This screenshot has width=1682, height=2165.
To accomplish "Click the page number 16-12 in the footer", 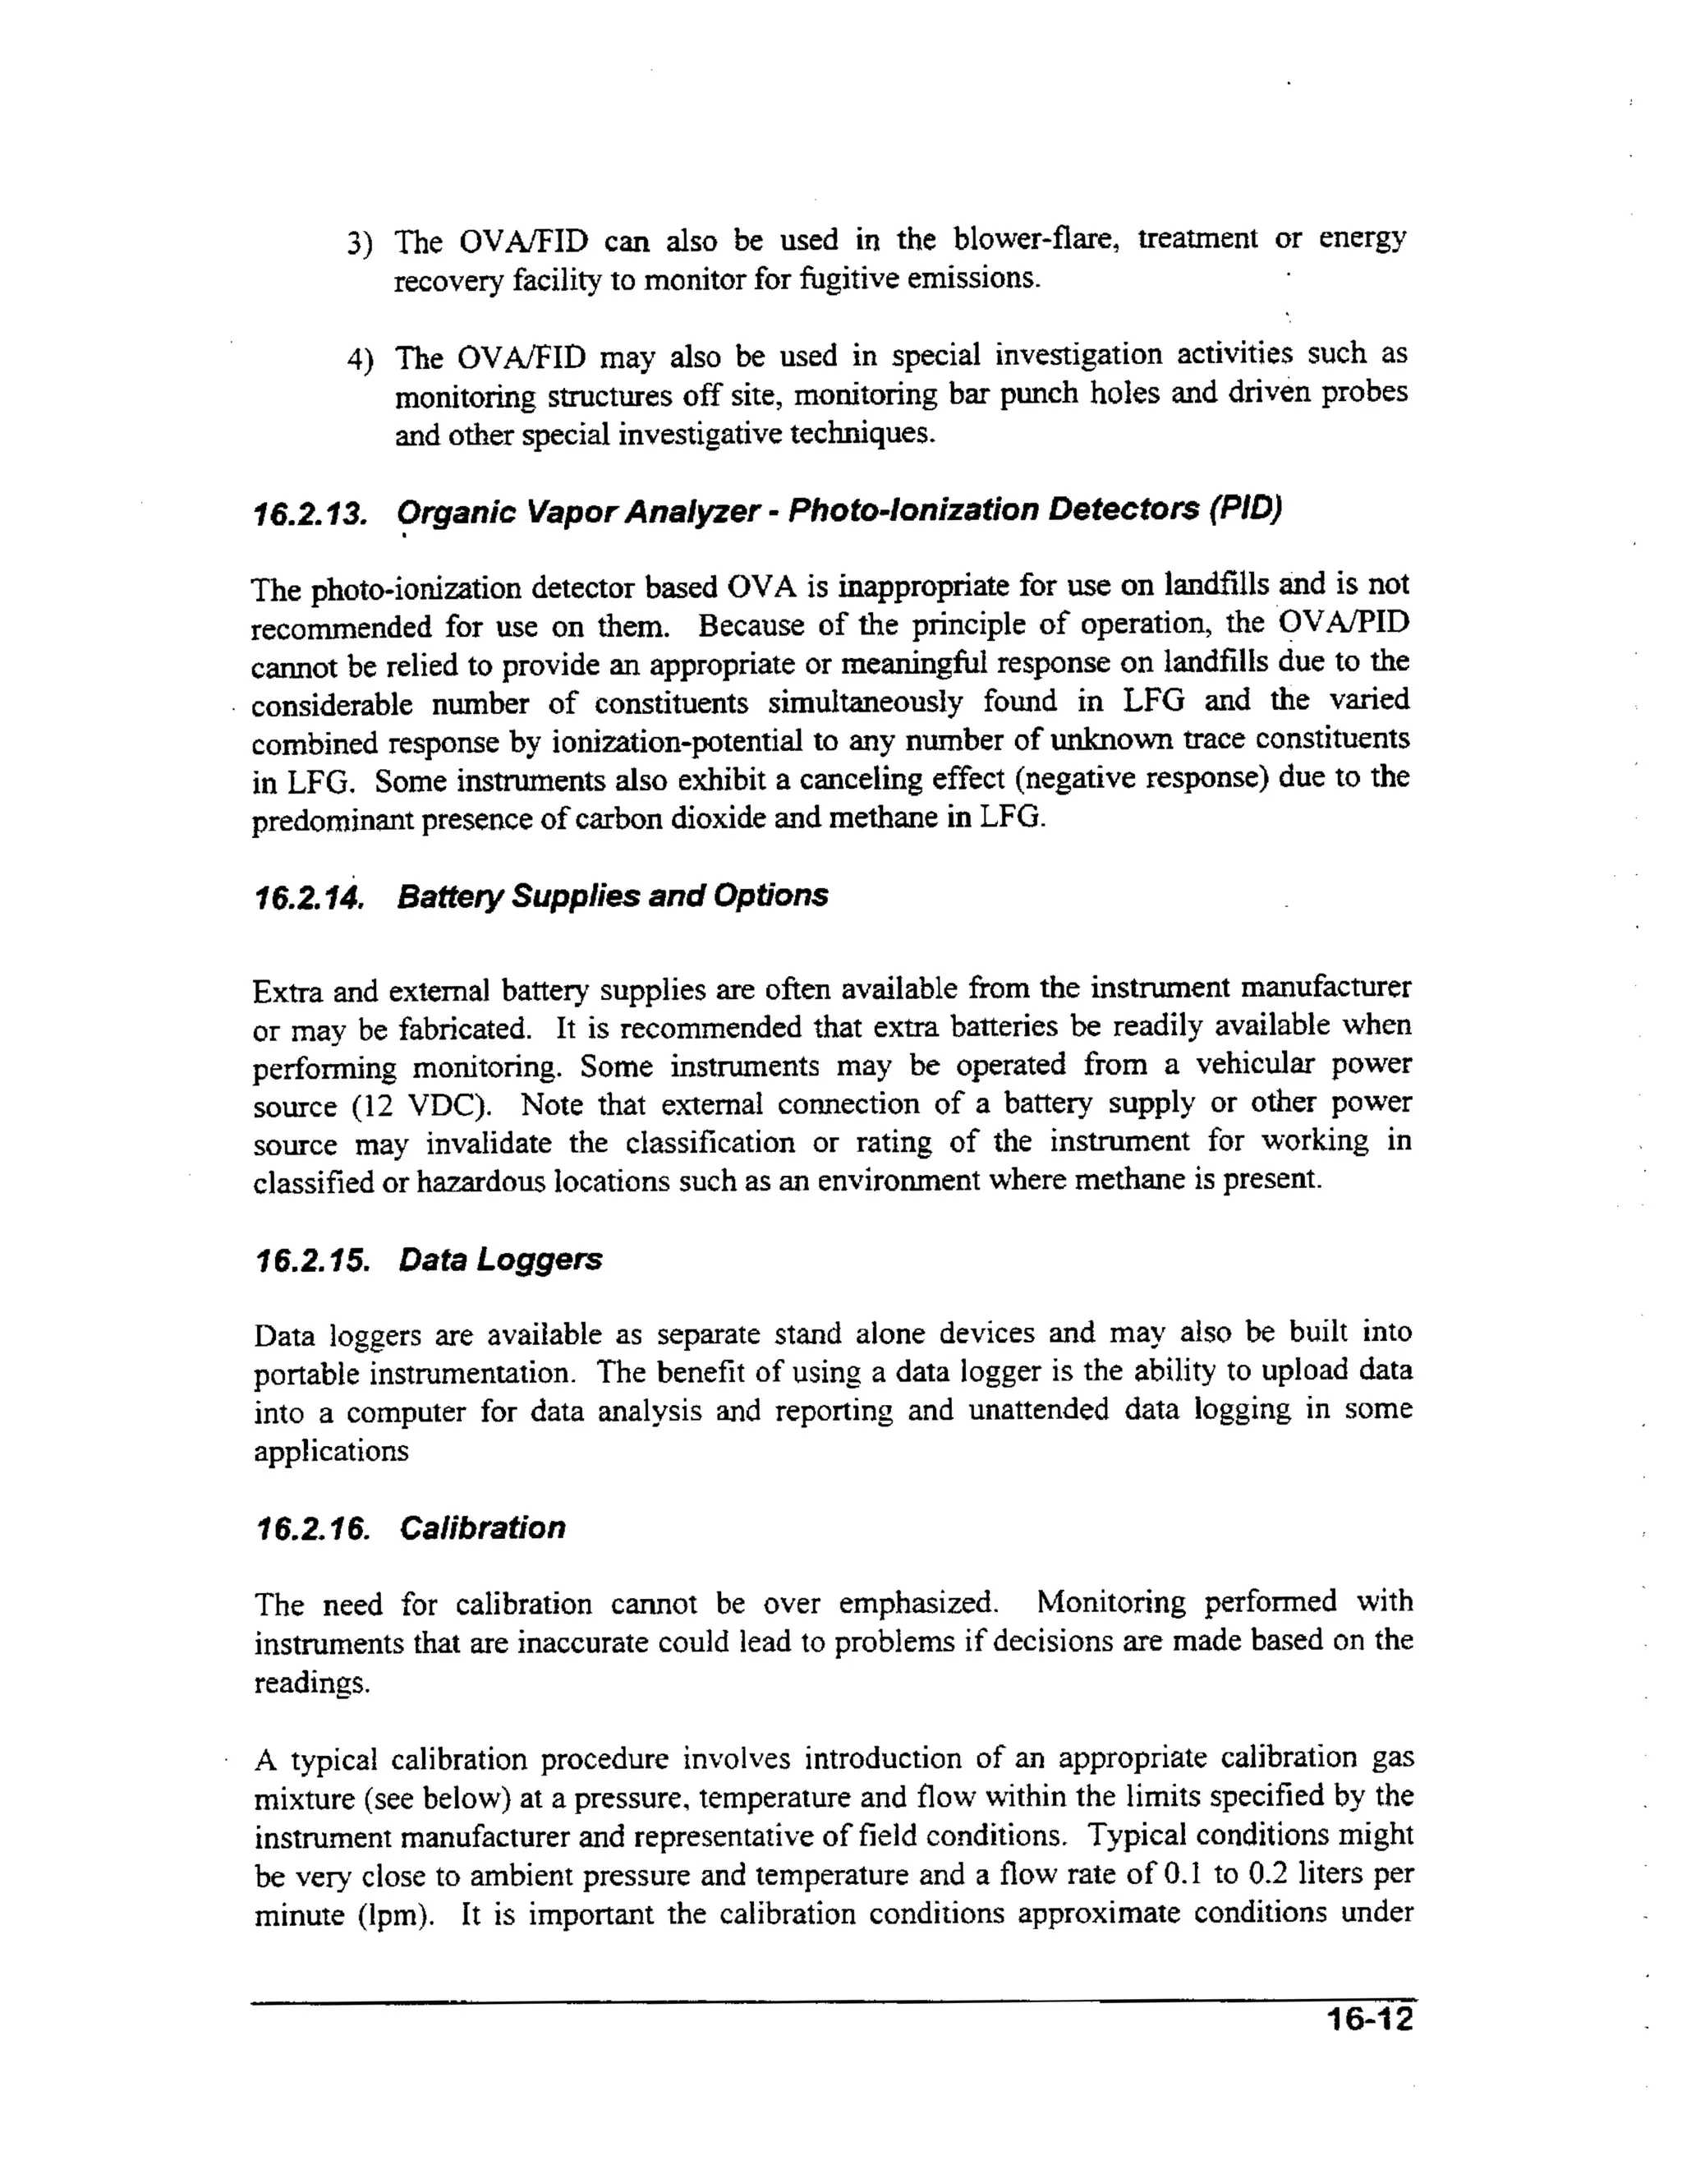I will (1370, 2020).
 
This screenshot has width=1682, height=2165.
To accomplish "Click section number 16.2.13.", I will (310, 514).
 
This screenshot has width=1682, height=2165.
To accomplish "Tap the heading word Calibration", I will (483, 1527).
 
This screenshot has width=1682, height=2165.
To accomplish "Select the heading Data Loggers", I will (500, 1260).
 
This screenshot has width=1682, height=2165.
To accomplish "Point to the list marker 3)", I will (359, 244).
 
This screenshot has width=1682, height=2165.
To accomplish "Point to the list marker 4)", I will (359, 360).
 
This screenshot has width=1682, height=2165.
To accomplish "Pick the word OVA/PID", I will (1344, 623).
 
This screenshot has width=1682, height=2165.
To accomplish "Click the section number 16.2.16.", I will (312, 1528).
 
